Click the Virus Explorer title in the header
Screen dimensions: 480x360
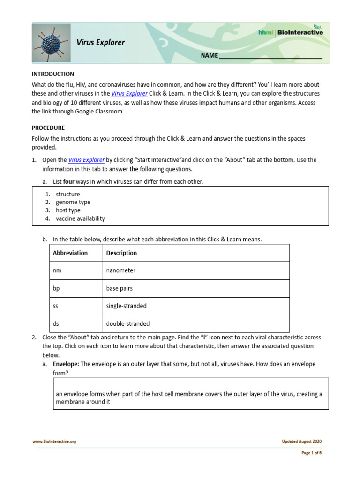tap(101, 43)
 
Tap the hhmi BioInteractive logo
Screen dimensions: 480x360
tap(290, 32)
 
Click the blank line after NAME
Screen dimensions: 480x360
tap(270, 56)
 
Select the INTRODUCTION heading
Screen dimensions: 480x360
tap(52, 74)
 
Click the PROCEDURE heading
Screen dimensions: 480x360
tap(48, 127)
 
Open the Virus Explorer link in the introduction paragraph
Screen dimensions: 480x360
tap(129, 93)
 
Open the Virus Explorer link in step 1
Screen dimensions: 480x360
tap(86, 160)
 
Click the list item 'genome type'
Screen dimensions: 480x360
tap(73, 202)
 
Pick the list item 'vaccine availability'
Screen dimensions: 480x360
tap(80, 218)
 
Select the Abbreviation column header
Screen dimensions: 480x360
tap(70, 253)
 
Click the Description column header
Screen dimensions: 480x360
tap(121, 253)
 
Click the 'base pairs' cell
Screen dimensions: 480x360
tap(120, 288)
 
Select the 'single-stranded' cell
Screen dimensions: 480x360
tap(126, 306)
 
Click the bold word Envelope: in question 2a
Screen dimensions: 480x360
tap(66, 364)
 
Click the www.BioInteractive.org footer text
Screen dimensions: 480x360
tap(54, 441)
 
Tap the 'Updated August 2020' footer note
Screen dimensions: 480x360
tap(301, 441)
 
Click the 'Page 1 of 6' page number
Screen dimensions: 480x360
tap(310, 453)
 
